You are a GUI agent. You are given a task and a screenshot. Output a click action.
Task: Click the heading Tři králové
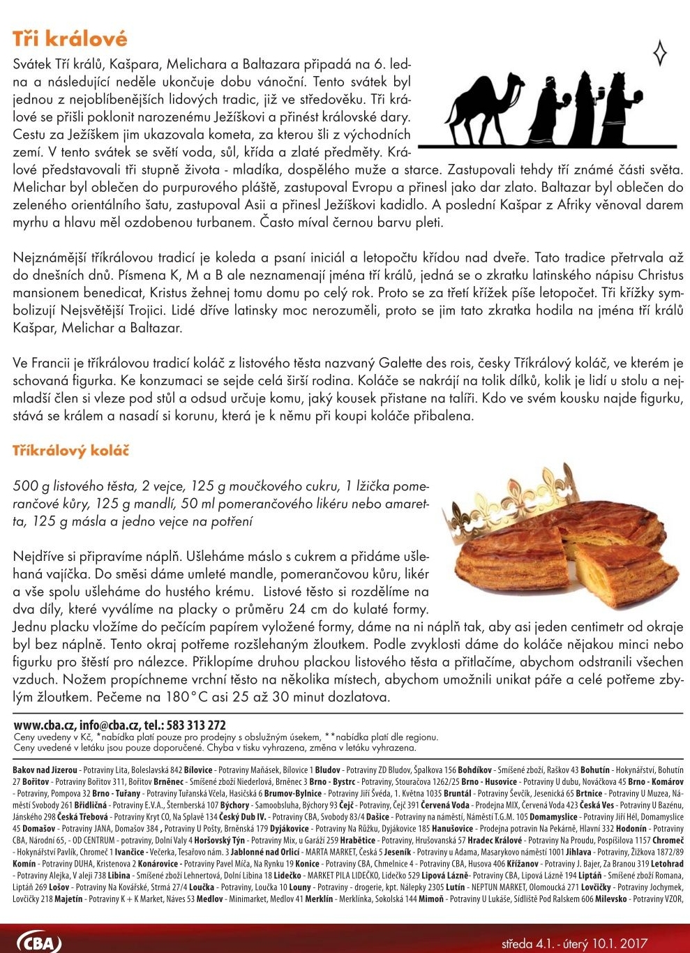click(70, 38)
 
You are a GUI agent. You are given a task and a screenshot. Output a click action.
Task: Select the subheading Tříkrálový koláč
click(71, 451)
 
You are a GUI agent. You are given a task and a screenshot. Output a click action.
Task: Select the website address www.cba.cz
click(44, 726)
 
